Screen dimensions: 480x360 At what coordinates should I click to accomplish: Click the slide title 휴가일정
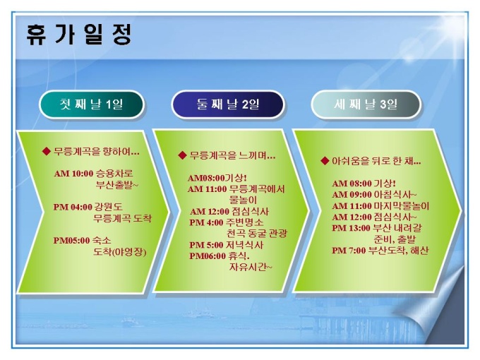pos(79,35)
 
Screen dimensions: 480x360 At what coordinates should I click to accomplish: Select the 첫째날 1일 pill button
pos(92,104)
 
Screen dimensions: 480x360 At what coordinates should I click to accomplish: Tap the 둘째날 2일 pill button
pos(228,104)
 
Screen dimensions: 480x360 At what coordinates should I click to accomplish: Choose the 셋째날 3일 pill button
pos(366,104)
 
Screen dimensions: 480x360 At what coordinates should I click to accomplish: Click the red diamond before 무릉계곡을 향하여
pos(46,151)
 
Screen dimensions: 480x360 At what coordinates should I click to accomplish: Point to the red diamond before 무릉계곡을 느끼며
pos(182,155)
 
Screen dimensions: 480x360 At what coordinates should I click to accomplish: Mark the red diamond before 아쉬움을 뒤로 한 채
pos(325,161)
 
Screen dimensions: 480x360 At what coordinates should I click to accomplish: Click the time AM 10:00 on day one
pos(73,174)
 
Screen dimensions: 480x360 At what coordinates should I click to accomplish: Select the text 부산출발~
pos(117,185)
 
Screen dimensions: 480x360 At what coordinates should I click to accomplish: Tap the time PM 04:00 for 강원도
pos(73,207)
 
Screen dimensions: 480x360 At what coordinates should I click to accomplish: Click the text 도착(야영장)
pos(120,252)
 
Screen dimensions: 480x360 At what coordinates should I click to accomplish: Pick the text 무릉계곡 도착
pos(122,218)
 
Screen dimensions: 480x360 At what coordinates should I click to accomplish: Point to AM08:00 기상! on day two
pos(217,178)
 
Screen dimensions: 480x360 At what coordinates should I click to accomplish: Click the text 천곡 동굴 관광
pos(257,234)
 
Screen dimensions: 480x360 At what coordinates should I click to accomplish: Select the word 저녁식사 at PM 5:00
pos(245,245)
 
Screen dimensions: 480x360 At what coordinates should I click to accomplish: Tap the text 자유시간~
pos(251,268)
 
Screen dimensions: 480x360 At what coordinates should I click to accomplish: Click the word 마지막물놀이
pos(402,205)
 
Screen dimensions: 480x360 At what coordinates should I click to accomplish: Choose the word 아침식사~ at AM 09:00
pos(395,194)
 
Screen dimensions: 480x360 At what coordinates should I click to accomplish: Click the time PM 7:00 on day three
pos(349,251)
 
